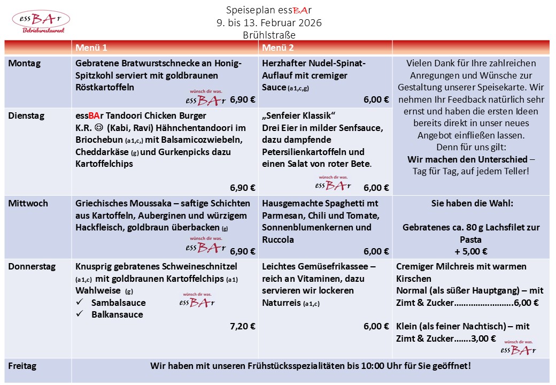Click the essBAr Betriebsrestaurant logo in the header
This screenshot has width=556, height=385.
click(41, 21)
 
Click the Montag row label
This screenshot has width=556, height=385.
click(24, 63)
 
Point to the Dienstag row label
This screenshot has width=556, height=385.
click(26, 115)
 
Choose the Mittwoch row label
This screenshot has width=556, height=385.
click(28, 203)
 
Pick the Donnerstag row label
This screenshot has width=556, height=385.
click(32, 266)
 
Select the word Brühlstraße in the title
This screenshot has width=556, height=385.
click(269, 35)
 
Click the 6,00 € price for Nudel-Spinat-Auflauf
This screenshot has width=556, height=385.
click(376, 99)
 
